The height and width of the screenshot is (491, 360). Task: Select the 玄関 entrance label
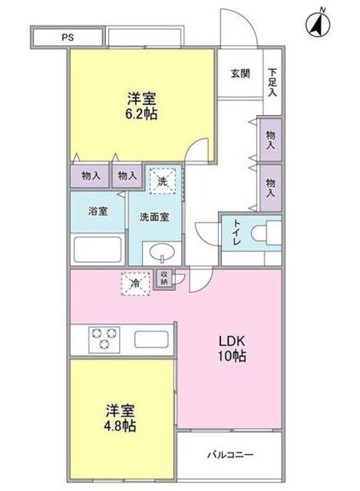[x=239, y=74]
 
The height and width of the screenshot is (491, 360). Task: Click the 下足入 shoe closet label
[x=272, y=82]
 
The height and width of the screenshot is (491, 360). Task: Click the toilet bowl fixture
[x=269, y=232]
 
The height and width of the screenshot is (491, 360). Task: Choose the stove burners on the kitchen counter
[x=104, y=338]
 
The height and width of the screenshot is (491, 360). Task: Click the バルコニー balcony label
[x=230, y=454]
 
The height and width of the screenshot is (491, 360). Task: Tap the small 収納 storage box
[x=164, y=278]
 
